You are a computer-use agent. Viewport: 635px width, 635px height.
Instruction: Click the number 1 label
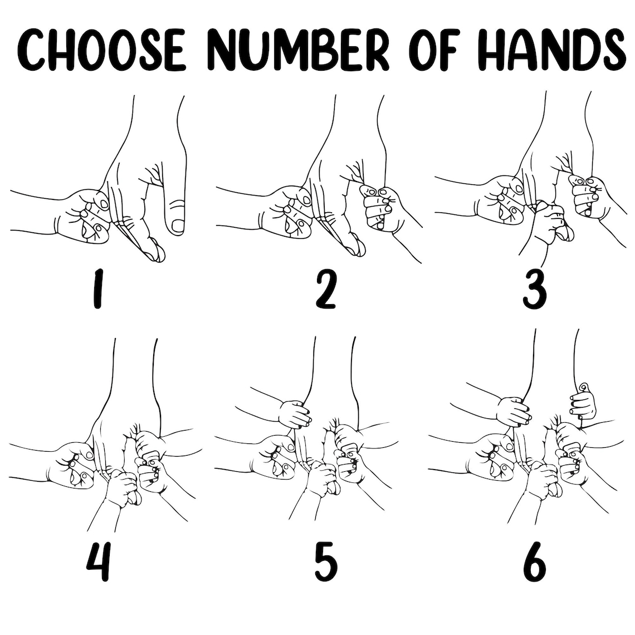[96, 290]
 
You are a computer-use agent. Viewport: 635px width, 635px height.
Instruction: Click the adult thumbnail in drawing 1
[178, 226]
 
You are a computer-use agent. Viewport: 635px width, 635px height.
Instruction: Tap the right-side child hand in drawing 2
[382, 208]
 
